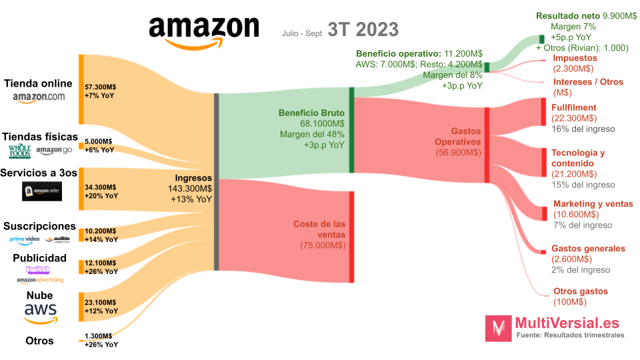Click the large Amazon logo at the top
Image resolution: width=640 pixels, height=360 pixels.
pyautogui.click(x=203, y=31)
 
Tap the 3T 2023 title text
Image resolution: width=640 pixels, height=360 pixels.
pyautogui.click(x=363, y=30)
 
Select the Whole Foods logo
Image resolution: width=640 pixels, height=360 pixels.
pyautogui.click(x=19, y=151)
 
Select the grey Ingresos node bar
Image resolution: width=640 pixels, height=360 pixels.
pyautogui.click(x=216, y=182)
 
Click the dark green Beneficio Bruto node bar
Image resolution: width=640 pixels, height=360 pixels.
pyautogui.click(x=351, y=130)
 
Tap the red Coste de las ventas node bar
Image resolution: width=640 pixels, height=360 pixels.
pyautogui.click(x=351, y=236)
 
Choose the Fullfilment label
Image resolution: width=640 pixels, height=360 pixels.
pyautogui.click(x=573, y=107)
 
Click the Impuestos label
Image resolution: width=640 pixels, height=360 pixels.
pyautogui.click(x=575, y=58)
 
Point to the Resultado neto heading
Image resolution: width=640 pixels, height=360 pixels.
pyautogui.click(x=568, y=15)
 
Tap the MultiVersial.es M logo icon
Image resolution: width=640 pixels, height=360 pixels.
pyautogui.click(x=498, y=328)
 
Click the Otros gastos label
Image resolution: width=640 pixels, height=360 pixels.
pyautogui.click(x=580, y=291)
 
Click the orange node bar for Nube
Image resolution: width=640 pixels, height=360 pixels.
pyautogui.click(x=81, y=307)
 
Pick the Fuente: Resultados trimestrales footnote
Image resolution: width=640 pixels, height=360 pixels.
pyautogui.click(x=570, y=335)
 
